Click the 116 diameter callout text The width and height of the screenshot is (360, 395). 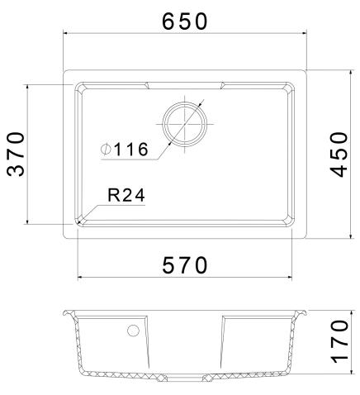coord(130,150)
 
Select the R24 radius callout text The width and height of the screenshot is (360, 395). coord(126,196)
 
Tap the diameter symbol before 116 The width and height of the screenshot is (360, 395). coord(107,150)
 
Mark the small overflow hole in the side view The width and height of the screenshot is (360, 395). coord(131,331)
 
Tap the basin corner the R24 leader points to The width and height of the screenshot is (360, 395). coord(80,221)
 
